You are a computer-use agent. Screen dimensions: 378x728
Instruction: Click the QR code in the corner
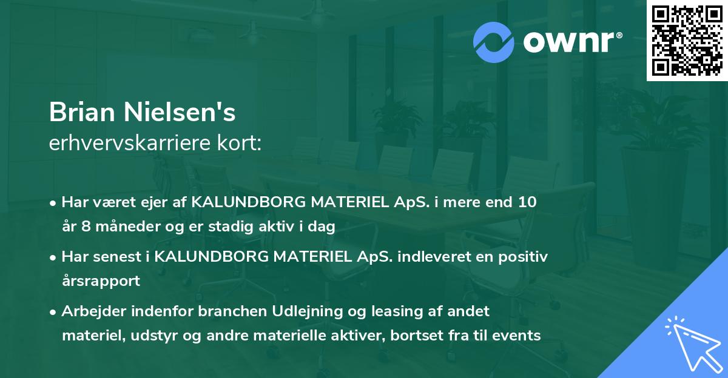pos(686,41)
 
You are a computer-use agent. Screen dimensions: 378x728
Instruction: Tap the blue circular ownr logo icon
pos(493,41)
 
